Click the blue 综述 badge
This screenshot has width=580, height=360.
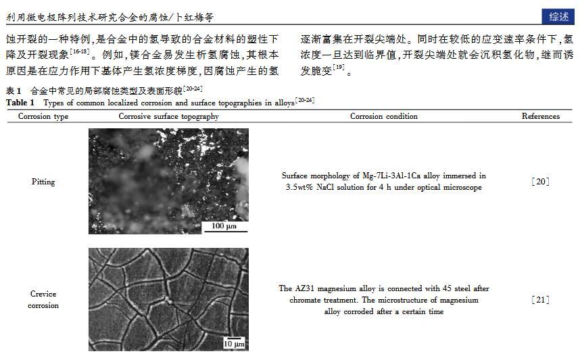558,17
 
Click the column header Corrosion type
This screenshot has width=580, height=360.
43,116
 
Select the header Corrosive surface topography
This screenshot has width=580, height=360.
168,116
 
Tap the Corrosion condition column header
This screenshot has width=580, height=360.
383,116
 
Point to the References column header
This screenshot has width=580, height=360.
541,116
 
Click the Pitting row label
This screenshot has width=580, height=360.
43,182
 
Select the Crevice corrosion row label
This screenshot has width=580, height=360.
43,299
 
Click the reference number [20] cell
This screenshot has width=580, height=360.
541,182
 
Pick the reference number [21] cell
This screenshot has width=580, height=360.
541,299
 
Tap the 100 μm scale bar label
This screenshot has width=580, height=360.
225,226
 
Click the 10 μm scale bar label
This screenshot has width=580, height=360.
234,344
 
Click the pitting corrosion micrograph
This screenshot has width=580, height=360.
168,181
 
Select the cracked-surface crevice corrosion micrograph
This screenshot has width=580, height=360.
168,299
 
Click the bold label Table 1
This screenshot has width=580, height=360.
20,103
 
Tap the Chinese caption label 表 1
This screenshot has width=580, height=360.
14,91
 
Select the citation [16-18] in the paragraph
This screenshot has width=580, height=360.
79,51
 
